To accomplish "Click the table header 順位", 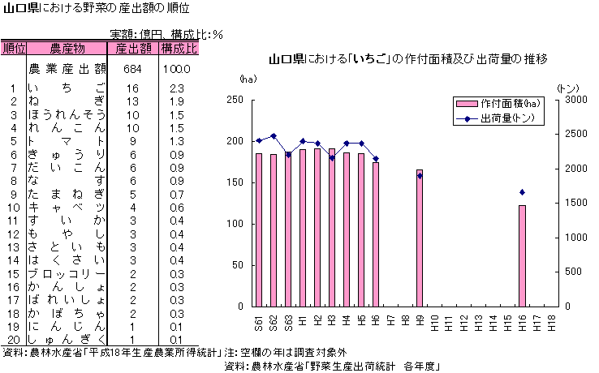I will point(14,49).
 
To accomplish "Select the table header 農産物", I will point(67,49).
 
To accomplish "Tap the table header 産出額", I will point(133,49).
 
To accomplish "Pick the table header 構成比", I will point(179,49).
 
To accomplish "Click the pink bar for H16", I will point(522,255).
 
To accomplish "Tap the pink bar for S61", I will point(259,229).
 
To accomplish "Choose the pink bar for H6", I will point(376,234).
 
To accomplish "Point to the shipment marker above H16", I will point(522,192).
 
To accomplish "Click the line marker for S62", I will point(274,136).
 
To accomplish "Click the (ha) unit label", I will point(248,79).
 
